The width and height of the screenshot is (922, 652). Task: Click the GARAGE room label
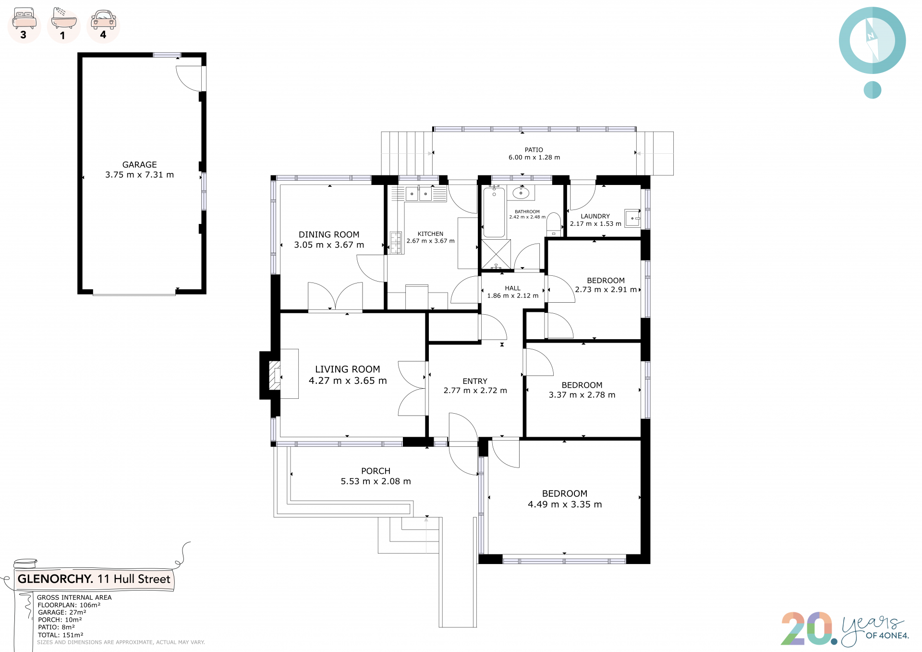[x=139, y=164]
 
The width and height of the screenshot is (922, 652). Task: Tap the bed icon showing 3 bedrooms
[x=24, y=18]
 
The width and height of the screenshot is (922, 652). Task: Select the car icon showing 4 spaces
[x=103, y=19]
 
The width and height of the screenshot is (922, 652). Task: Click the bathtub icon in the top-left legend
[x=63, y=19]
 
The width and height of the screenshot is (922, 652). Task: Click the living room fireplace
[x=275, y=375]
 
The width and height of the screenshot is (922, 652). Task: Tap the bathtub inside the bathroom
[x=494, y=212]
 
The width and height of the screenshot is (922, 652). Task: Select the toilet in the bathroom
[x=554, y=224]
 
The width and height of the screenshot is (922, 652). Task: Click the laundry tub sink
[x=632, y=218]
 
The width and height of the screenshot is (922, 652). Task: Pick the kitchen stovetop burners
[x=396, y=243]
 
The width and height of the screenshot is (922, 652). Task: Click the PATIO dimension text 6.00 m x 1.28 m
[x=534, y=158]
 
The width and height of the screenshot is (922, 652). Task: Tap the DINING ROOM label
[x=329, y=234]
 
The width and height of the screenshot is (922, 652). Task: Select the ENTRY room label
[x=475, y=381]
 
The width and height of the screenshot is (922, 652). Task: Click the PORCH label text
[x=376, y=471]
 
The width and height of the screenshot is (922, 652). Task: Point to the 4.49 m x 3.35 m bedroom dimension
[x=565, y=504]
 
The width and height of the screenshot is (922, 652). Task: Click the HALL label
[x=512, y=288]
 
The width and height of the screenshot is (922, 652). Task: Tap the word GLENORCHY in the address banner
[x=55, y=579]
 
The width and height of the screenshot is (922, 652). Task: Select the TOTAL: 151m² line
[x=61, y=635]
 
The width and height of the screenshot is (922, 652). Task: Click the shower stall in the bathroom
[x=497, y=254]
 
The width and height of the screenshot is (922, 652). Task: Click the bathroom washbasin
[x=521, y=193]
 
